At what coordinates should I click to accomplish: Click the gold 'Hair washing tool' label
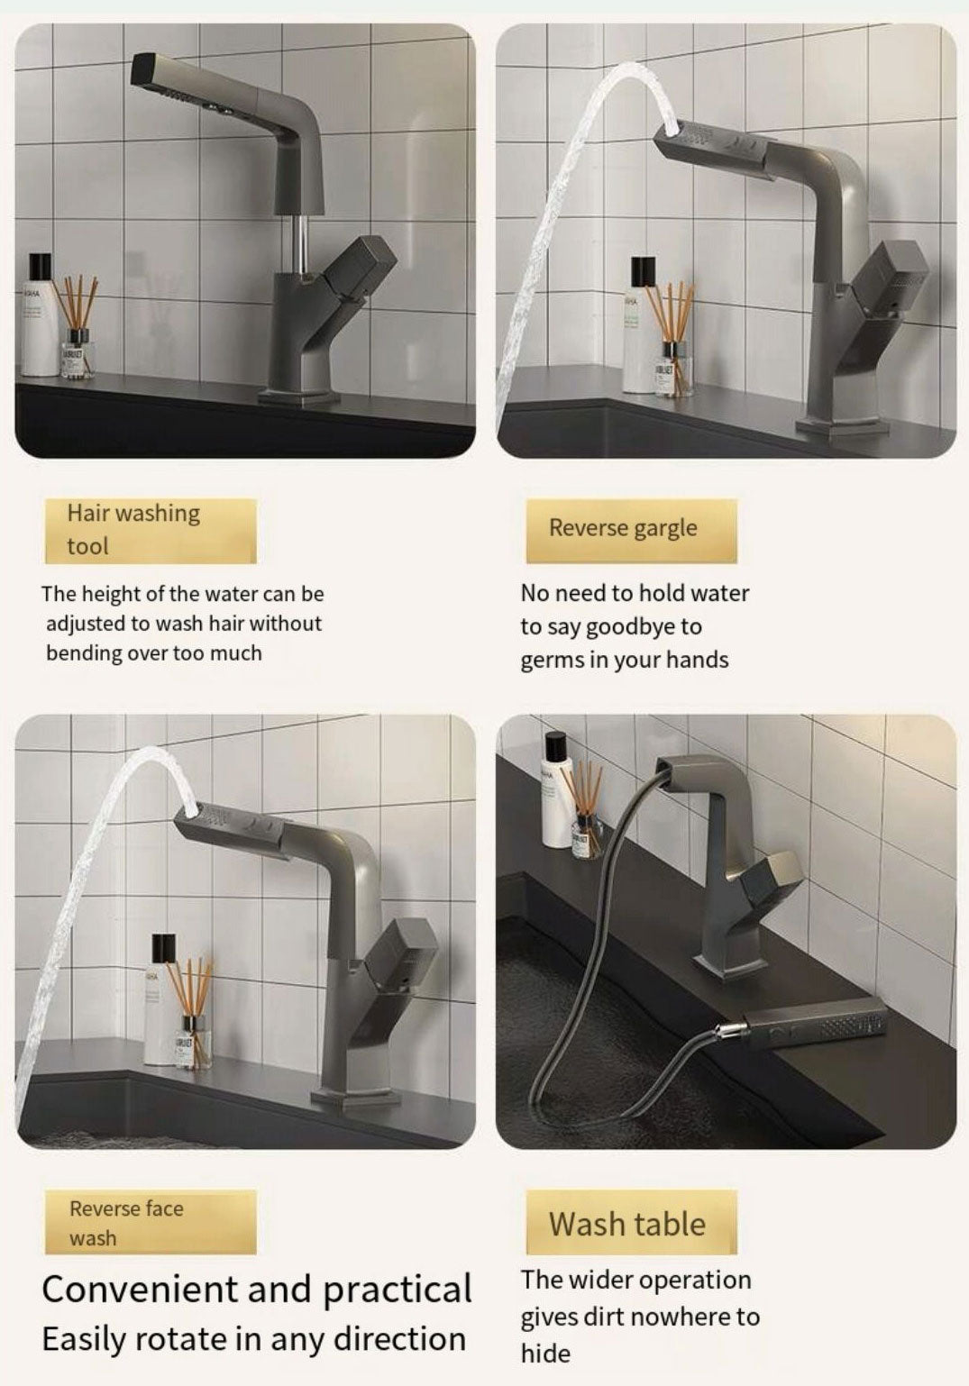[x=151, y=530]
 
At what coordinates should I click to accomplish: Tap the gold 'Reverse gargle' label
[x=631, y=530]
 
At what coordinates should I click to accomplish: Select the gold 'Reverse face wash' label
[x=151, y=1221]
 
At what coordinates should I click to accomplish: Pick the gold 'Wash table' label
[x=631, y=1222]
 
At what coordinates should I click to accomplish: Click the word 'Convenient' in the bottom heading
[x=139, y=1290]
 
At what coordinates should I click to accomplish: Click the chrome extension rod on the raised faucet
[x=301, y=245]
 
